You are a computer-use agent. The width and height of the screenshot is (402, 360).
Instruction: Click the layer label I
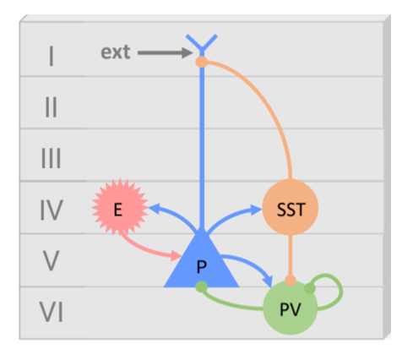[x=52, y=56]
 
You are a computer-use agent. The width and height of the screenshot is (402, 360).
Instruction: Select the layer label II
[x=52, y=107]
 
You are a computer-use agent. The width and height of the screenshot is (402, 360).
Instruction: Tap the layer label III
[x=52, y=158]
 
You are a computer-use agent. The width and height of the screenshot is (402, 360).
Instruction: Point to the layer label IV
[x=52, y=210]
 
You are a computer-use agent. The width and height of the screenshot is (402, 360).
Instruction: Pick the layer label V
[x=52, y=261]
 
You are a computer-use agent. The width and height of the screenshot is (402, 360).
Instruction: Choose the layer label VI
[x=52, y=312]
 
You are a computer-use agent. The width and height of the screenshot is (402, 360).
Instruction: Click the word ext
[x=116, y=52]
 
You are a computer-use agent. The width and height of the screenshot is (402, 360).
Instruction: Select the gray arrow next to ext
[x=165, y=52]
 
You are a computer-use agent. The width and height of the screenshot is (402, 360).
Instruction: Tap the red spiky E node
[x=120, y=207]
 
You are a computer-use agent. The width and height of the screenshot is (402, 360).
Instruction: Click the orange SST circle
[x=291, y=208]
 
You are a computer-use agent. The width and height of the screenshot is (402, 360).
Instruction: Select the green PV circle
[x=291, y=308]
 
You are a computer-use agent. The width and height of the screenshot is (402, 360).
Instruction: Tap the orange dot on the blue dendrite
[x=202, y=62]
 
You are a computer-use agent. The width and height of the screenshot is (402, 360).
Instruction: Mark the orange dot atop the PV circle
[x=291, y=281]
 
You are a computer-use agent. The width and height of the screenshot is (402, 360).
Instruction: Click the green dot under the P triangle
[x=202, y=286]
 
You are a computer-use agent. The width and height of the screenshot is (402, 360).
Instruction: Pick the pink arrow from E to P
[x=146, y=248]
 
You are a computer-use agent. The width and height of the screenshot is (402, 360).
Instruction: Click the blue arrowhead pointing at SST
[x=256, y=210]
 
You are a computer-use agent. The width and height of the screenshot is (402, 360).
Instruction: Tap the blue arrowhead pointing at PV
[x=268, y=281]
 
